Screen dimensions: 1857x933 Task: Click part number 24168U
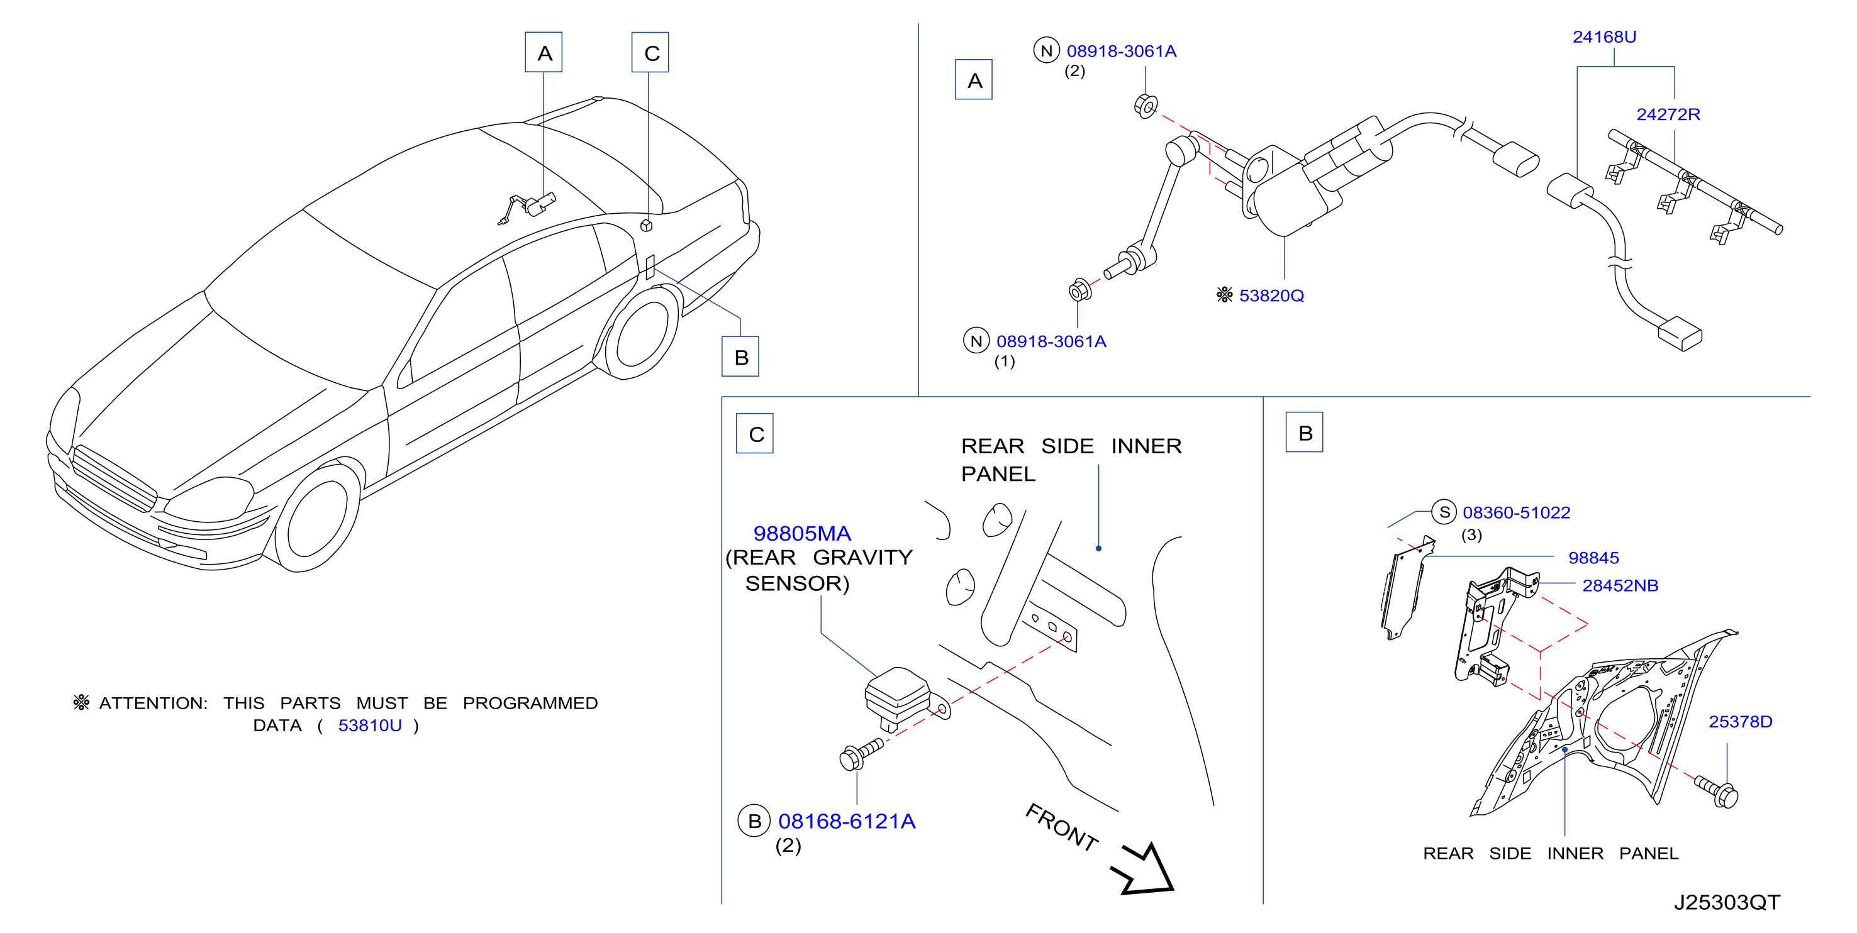tap(1604, 36)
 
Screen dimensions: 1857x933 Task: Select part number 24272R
tap(1668, 114)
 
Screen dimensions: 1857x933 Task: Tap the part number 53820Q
tap(1271, 296)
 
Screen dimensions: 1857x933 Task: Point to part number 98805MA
tap(801, 533)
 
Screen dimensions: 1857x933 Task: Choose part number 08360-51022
tap(1516, 512)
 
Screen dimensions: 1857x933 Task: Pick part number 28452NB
tap(1620, 586)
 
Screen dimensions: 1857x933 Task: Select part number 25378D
tap(1740, 722)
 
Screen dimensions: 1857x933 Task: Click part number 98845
tap(1593, 558)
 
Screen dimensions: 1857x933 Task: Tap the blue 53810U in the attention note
tap(370, 726)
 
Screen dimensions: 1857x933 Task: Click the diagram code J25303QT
tap(1727, 902)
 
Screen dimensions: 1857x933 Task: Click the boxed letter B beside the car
tap(740, 356)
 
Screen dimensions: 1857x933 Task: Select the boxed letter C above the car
tap(650, 53)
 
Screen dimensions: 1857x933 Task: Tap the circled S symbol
tap(1444, 512)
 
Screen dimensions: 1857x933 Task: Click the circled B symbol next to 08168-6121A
tap(754, 821)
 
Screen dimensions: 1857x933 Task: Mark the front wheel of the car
tap(317, 517)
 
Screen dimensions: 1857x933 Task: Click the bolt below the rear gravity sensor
tap(861, 754)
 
